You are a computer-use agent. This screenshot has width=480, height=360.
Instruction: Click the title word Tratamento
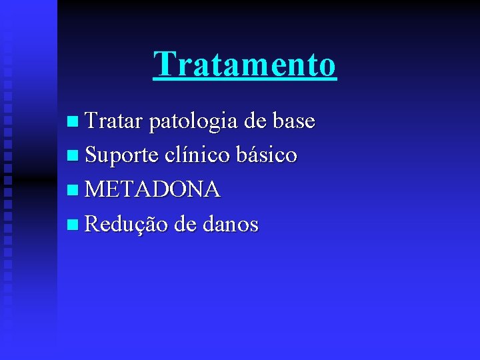point(245,65)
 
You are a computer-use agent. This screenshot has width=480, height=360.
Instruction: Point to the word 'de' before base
point(254,121)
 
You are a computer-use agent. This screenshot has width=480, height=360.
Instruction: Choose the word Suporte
point(121,156)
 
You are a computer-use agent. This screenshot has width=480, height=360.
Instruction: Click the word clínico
point(194,155)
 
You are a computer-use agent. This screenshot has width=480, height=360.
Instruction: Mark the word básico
point(265,155)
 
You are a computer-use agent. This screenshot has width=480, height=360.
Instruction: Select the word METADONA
point(153,190)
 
